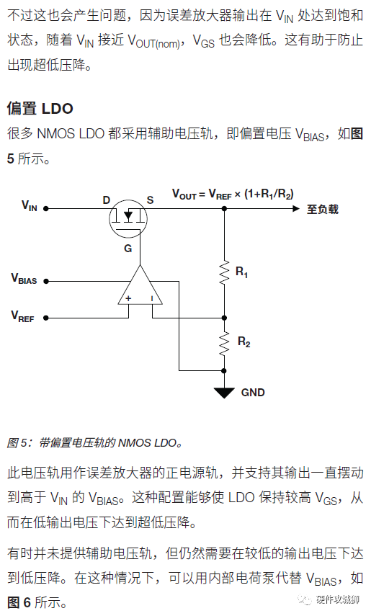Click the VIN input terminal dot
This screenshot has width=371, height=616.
click(x=46, y=209)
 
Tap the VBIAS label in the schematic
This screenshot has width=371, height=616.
click(x=24, y=279)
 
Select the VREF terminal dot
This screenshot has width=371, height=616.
click(x=46, y=318)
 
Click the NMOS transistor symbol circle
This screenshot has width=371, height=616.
click(x=128, y=218)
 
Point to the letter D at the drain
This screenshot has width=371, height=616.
click(x=106, y=200)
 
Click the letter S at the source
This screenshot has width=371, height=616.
click(x=150, y=200)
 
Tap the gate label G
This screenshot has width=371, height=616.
click(x=128, y=249)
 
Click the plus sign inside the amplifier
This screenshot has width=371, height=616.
click(x=128, y=298)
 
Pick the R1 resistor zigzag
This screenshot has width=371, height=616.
click(x=224, y=272)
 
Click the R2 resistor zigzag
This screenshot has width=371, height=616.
click(x=224, y=344)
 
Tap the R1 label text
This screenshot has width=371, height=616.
click(x=242, y=272)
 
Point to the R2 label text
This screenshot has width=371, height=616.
click(x=243, y=342)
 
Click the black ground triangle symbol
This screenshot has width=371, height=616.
click(x=224, y=393)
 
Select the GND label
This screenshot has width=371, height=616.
click(x=253, y=393)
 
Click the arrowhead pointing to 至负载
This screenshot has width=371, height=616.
click(x=296, y=209)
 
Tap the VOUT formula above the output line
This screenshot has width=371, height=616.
click(x=233, y=194)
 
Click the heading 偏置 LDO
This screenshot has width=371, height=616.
click(x=40, y=108)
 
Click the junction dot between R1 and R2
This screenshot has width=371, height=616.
click(x=224, y=318)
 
